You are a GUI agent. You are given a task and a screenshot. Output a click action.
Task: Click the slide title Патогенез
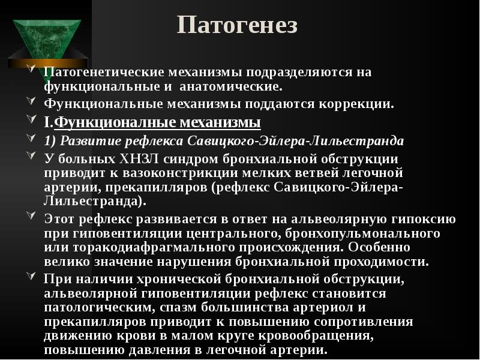[238, 26]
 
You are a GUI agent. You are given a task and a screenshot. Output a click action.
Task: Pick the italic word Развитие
[87, 142]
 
